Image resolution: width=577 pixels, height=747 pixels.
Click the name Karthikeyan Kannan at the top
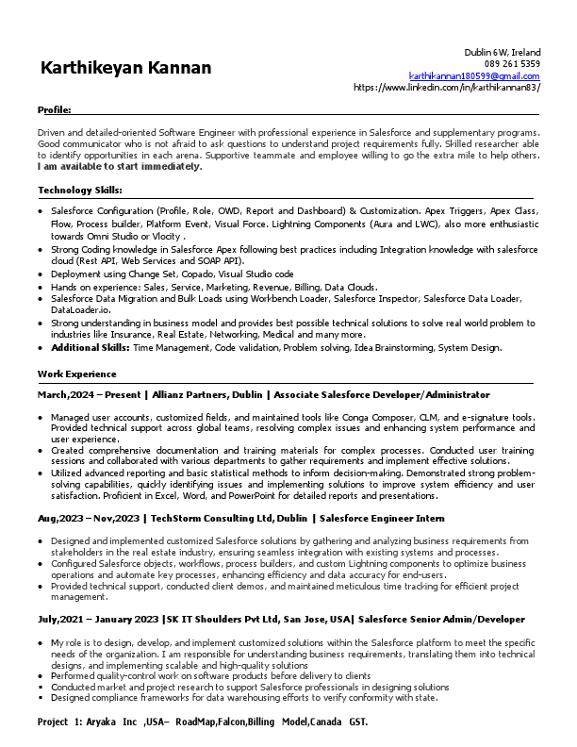(x=125, y=69)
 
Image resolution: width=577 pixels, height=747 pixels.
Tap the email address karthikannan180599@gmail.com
(x=474, y=75)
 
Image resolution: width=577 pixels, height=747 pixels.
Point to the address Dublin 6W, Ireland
(x=502, y=52)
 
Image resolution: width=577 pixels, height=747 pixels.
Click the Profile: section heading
(x=54, y=110)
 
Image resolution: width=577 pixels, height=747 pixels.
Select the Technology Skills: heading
(x=79, y=191)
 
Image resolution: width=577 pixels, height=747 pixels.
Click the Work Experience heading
(x=72, y=374)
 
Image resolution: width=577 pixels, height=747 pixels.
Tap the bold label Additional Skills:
(x=91, y=347)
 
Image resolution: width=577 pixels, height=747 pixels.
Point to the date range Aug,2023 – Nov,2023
(x=91, y=519)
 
